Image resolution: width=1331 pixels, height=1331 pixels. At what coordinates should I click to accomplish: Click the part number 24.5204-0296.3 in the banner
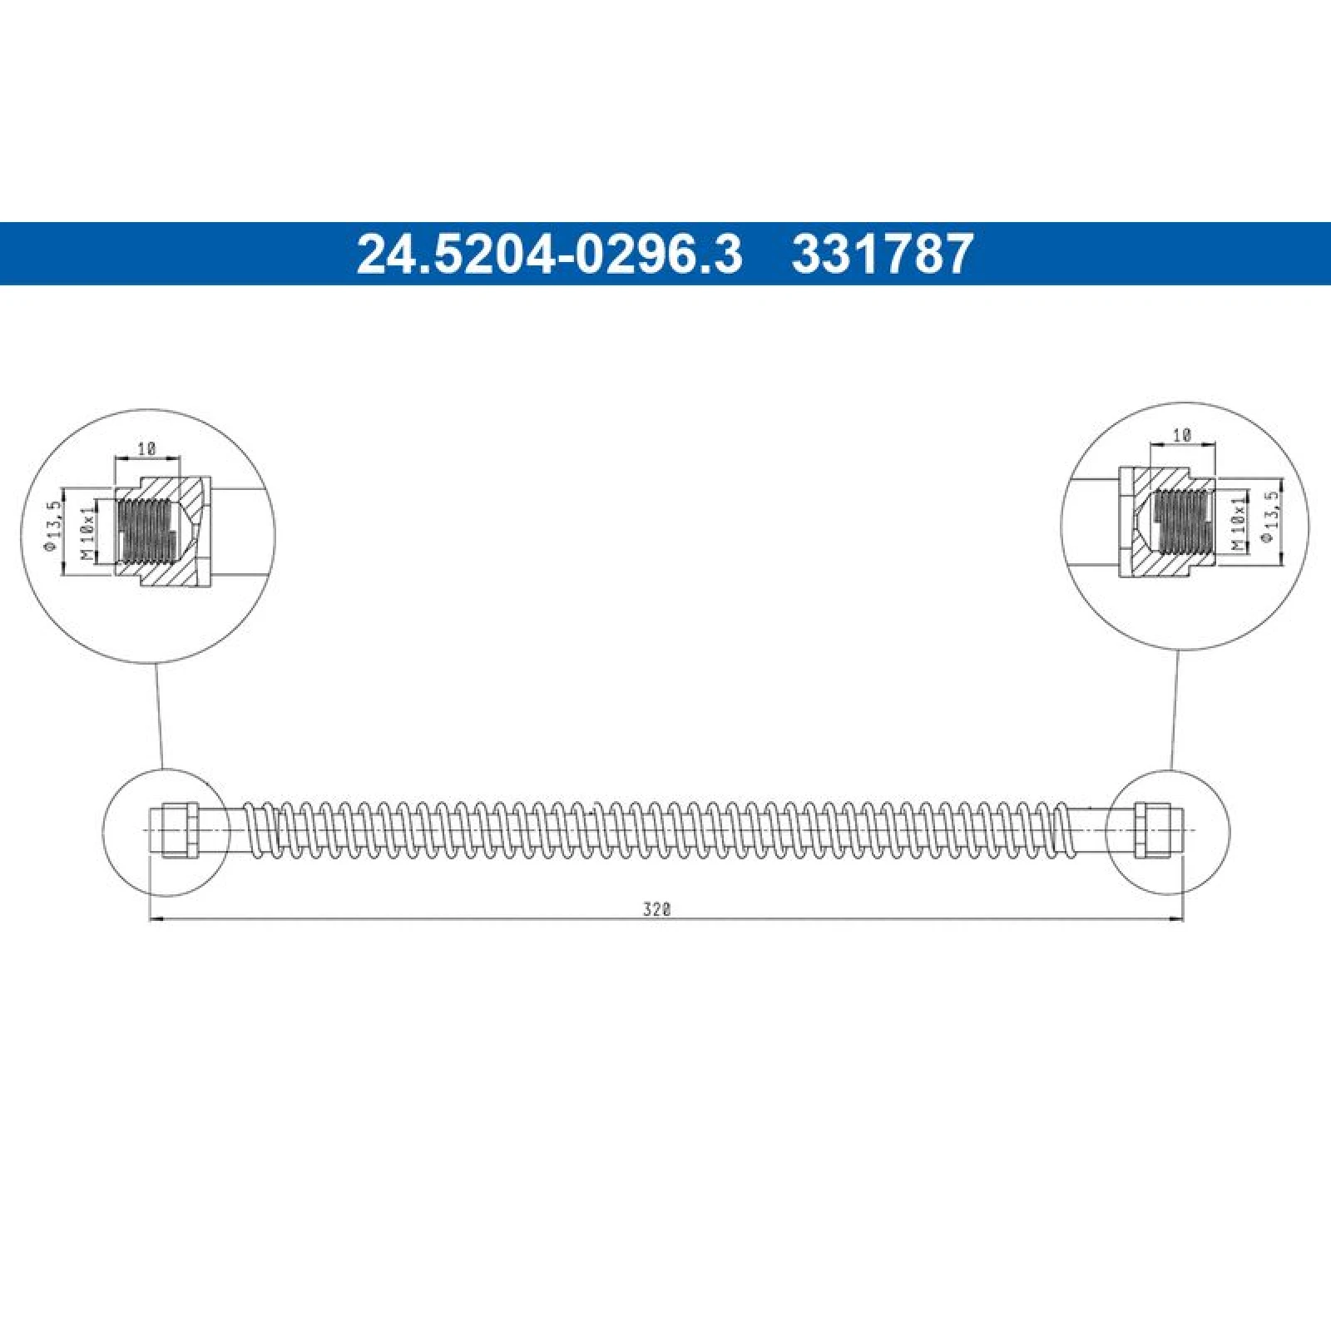pos(549,254)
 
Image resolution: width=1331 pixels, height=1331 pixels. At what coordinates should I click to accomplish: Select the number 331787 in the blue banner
pos(883,254)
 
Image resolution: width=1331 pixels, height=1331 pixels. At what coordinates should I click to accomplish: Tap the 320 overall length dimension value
pos(656,909)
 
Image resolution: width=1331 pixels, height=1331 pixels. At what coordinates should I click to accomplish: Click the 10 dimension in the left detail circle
pos(147,448)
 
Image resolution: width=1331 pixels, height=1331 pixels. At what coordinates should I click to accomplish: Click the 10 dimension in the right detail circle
pos(1182,434)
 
